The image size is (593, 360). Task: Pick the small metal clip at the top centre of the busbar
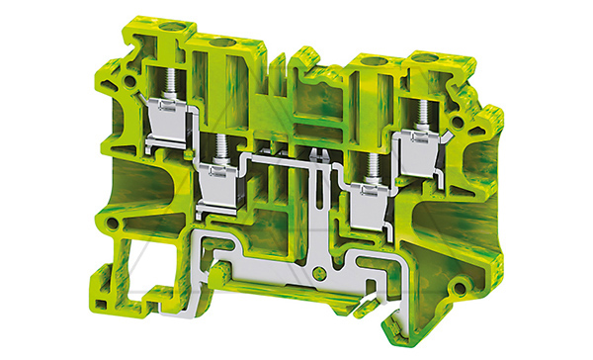click(x=318, y=155)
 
